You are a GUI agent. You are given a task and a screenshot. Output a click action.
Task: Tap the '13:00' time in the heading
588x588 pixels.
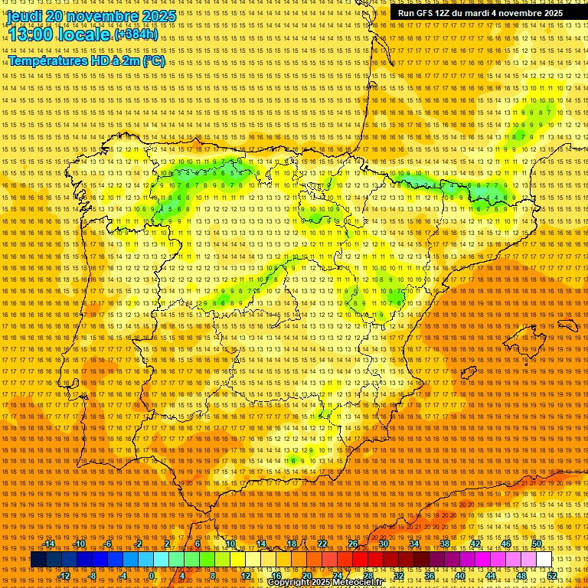[32, 34]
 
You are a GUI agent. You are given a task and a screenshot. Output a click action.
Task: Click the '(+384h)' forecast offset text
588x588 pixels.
[136, 34]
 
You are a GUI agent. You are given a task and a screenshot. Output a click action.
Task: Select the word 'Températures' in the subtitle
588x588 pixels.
[47, 60]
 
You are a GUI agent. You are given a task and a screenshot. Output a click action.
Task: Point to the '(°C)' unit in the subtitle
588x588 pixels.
[153, 60]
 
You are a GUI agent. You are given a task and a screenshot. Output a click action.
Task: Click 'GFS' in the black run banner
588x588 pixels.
[423, 13]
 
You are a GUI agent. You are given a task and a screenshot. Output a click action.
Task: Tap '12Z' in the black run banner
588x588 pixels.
[443, 13]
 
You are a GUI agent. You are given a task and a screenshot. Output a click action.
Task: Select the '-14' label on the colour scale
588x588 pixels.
[49, 544]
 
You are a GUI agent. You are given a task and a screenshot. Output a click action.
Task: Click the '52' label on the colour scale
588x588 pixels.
[552, 576]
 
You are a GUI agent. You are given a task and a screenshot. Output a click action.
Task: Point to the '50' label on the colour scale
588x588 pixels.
[537, 544]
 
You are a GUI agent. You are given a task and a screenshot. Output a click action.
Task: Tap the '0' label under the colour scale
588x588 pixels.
[152, 576]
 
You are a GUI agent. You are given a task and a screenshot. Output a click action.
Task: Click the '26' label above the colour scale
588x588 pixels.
[353, 544]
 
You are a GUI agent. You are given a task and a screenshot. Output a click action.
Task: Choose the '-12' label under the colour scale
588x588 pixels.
[64, 576]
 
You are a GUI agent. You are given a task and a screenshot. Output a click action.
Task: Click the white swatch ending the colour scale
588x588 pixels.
[544, 560]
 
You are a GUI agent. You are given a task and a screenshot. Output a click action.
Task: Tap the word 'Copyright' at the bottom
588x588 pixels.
[289, 583]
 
